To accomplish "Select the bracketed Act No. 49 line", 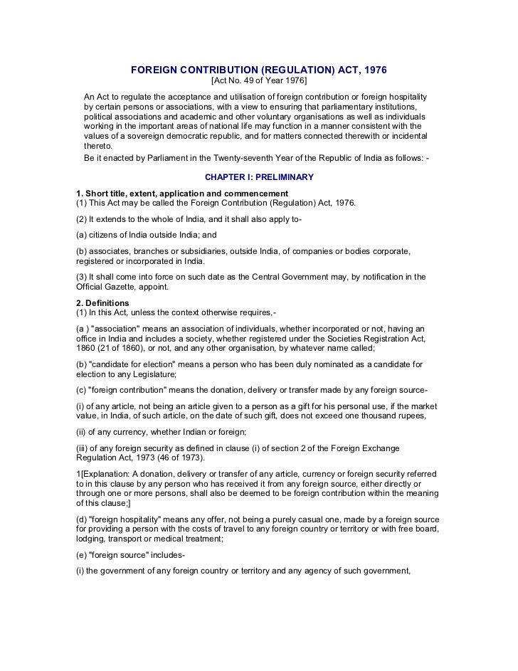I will (259, 83).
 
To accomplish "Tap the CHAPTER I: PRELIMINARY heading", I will (259, 176).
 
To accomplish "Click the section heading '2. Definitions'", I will (103, 302).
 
